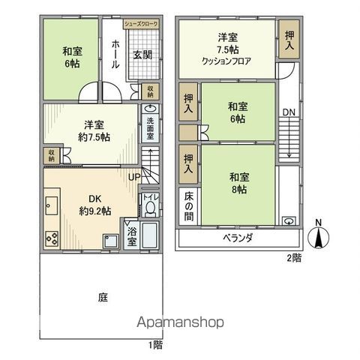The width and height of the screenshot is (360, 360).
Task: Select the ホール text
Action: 115,55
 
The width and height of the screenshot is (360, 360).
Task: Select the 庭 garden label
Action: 102,297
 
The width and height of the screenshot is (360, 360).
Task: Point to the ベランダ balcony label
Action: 237,238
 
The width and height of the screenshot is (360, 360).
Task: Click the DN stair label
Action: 289,112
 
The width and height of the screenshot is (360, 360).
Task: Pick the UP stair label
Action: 134,177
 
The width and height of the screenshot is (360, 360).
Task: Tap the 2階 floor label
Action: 294,257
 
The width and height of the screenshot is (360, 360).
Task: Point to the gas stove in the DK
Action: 53,238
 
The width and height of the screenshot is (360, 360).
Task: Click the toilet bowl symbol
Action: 150,208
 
